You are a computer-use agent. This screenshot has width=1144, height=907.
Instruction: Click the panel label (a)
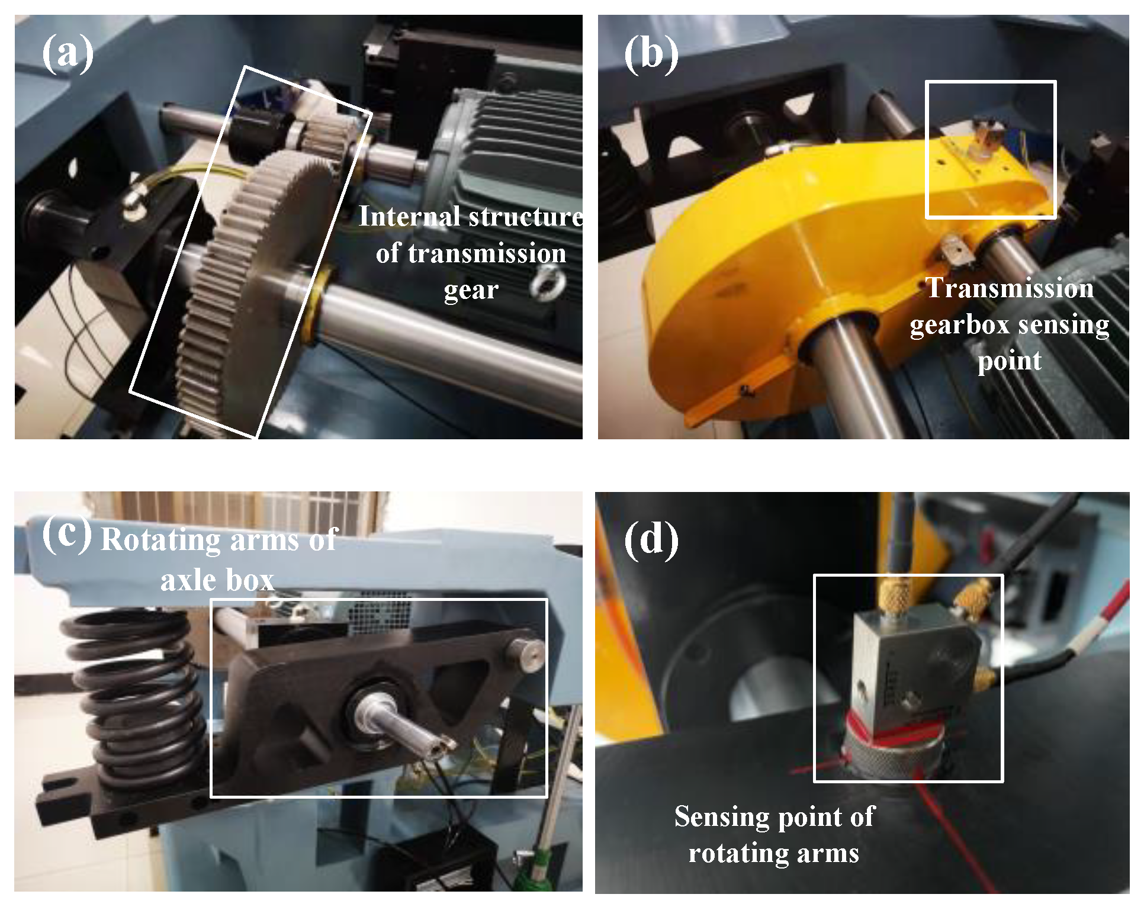pos(68,53)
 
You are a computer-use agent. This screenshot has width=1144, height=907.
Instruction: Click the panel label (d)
pos(651,540)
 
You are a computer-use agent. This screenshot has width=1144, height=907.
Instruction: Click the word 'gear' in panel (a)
pos(471,290)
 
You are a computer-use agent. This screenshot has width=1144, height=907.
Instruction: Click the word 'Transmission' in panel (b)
pos(1010,288)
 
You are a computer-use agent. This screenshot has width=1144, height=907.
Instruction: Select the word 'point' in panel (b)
pos(1009,361)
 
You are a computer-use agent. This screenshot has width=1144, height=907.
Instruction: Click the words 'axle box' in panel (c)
pos(217,580)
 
